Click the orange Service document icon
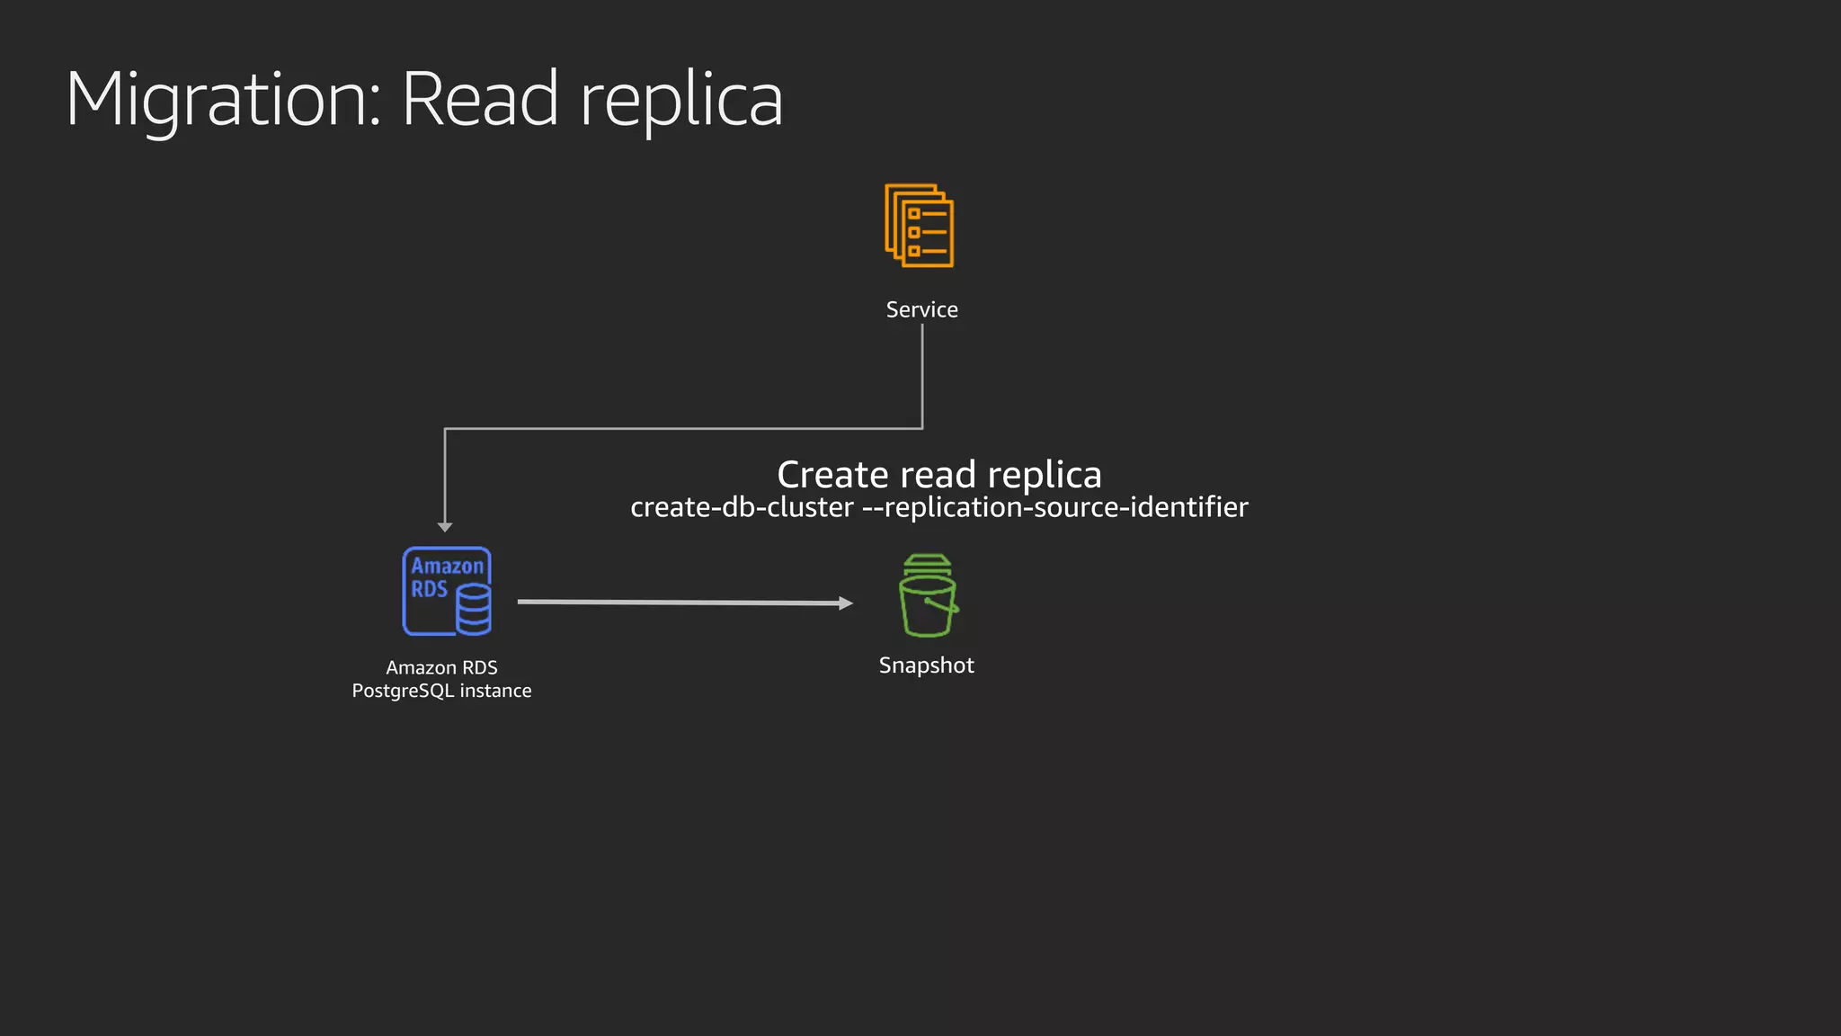tap(920, 226)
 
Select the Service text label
tap(921, 309)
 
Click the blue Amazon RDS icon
tap(446, 591)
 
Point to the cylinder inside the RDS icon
tap(474, 609)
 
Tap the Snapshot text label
tap(926, 665)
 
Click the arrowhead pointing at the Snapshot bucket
tap(845, 603)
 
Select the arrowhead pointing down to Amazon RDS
tap(445, 527)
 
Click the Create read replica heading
tap(938, 474)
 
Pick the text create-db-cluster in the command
tap(742, 507)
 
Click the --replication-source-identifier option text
tap(1054, 507)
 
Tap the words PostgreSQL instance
tap(441, 691)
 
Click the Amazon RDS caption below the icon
tap(441, 667)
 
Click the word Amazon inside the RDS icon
tap(447, 566)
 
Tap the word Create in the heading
tap(832, 474)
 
